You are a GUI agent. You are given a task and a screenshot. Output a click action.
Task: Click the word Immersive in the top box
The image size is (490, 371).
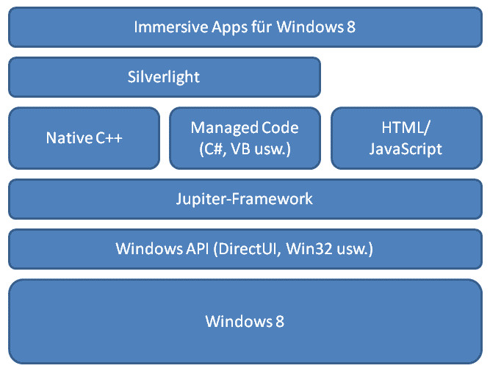click(171, 27)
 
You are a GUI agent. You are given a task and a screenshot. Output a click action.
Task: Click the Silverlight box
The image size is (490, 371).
click(165, 77)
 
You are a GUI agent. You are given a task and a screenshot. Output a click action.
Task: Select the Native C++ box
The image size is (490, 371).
click(84, 138)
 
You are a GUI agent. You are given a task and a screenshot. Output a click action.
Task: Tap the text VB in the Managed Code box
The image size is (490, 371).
click(241, 149)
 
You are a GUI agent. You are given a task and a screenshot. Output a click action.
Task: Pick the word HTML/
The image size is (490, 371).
click(406, 128)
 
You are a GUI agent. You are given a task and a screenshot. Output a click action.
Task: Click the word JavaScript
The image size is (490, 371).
click(406, 149)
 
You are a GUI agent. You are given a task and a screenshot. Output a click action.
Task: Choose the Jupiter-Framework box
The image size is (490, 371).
click(245, 199)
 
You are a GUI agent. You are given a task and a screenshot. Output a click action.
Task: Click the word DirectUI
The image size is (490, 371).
click(247, 249)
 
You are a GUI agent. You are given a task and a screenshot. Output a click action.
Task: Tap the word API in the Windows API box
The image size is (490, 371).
click(197, 249)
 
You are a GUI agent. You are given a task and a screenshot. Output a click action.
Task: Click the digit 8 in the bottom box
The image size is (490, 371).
click(280, 321)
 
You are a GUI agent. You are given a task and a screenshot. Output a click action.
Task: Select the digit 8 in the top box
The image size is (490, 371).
click(351, 27)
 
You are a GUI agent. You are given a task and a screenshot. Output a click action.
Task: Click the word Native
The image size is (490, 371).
click(69, 138)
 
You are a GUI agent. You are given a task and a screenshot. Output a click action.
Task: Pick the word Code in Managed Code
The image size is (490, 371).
click(280, 128)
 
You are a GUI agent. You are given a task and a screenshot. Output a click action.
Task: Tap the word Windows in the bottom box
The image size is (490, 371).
click(239, 321)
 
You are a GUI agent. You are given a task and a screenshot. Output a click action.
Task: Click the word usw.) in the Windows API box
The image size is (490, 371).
click(356, 250)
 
